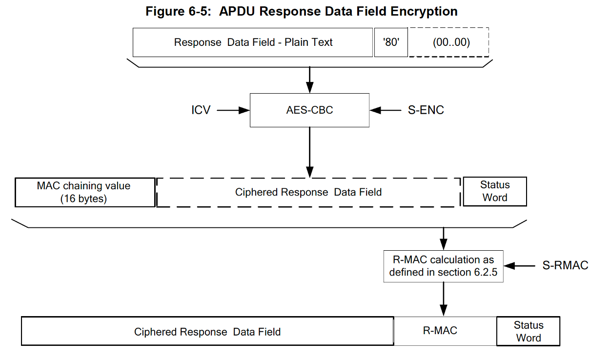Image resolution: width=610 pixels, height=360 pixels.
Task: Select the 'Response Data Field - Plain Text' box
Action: pyautogui.click(x=253, y=42)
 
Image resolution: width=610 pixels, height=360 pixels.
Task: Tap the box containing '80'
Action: pyautogui.click(x=391, y=42)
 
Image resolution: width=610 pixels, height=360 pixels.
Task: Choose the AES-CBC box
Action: pyautogui.click(x=309, y=110)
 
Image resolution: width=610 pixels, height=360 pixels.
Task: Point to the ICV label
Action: pyautogui.click(x=201, y=110)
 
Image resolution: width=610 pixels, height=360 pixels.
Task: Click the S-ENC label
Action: pyautogui.click(x=426, y=110)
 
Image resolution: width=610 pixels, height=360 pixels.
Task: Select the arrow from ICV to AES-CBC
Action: pyautogui.click(x=233, y=111)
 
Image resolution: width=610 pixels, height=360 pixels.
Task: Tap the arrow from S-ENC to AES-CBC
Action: pyautogui.click(x=385, y=111)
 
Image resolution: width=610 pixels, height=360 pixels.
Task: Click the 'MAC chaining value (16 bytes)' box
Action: pyautogui.click(x=85, y=192)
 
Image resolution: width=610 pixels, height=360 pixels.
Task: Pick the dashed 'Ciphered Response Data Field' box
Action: pyautogui.click(x=308, y=192)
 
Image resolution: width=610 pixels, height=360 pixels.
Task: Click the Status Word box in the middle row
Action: pyautogui.click(x=494, y=192)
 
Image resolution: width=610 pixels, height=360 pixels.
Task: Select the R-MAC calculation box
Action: pyautogui.click(x=443, y=266)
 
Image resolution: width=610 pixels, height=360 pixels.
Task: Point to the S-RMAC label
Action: pyautogui.click(x=565, y=266)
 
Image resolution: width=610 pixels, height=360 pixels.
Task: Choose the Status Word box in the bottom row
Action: pyautogui.click(x=528, y=332)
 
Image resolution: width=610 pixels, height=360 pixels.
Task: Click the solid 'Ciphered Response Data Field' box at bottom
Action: pyautogui.click(x=207, y=332)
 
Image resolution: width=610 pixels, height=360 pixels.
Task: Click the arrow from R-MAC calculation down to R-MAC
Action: pyautogui.click(x=443, y=300)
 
